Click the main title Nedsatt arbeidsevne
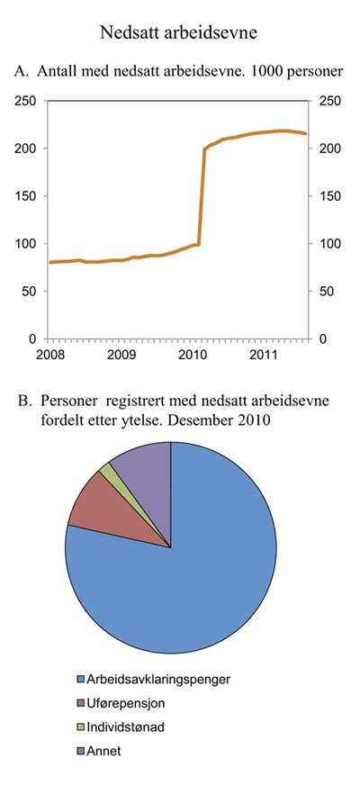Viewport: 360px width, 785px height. [x=179, y=34]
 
